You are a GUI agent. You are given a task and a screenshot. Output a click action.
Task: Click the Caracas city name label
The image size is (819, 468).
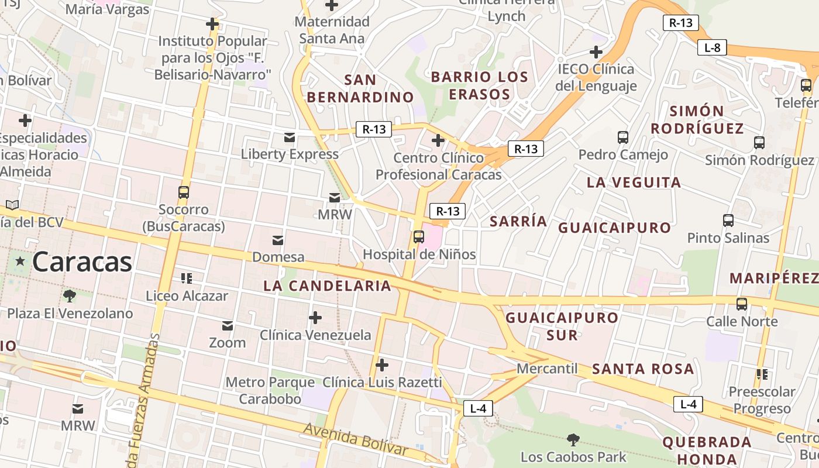(x=82, y=261)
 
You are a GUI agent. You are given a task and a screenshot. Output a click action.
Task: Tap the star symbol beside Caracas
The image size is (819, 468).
(x=20, y=261)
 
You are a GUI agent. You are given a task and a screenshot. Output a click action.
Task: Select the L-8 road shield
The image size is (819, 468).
(x=712, y=48)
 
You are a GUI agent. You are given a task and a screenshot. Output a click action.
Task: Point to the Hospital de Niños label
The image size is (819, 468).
(x=419, y=254)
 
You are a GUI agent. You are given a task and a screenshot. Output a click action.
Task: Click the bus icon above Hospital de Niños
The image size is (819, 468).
(x=418, y=236)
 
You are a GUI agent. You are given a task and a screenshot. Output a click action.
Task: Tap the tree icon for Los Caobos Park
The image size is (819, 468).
(x=573, y=439)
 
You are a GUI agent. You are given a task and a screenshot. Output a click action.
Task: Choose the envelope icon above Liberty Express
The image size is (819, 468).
(x=290, y=137)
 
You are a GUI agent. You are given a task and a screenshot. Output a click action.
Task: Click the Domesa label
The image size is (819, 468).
(x=278, y=257)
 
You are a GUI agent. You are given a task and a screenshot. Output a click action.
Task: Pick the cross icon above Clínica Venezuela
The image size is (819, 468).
(x=315, y=318)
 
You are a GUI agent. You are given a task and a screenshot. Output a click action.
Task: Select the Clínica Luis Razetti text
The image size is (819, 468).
(x=382, y=383)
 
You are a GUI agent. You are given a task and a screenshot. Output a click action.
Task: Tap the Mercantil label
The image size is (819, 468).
(x=547, y=369)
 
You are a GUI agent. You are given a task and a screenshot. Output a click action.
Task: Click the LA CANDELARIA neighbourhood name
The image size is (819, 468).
(x=327, y=285)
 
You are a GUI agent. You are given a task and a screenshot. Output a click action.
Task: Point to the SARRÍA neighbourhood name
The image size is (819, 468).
(x=518, y=221)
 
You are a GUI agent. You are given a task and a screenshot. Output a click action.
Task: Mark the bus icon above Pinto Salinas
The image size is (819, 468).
(x=728, y=221)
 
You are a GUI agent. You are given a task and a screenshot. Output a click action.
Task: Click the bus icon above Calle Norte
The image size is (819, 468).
(x=742, y=304)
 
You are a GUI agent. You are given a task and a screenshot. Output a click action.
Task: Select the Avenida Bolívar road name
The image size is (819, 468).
(x=355, y=439)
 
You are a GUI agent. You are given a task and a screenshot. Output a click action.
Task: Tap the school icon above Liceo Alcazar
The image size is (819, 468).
(x=187, y=278)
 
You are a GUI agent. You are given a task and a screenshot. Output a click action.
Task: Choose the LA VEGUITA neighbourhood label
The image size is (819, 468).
(x=634, y=183)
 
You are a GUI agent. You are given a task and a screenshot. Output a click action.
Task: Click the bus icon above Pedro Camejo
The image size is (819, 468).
(x=623, y=137)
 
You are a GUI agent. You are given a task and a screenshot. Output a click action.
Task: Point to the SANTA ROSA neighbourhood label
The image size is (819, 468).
(x=643, y=369)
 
